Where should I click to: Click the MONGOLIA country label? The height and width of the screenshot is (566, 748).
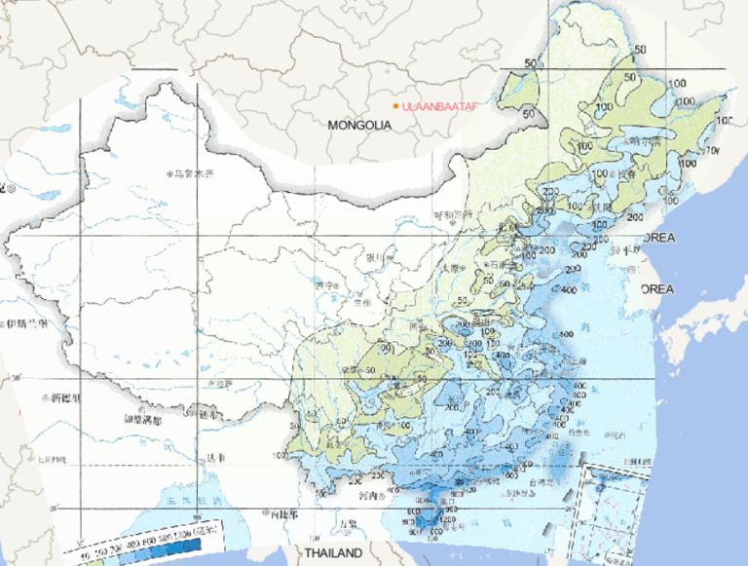pyautogui.click(x=359, y=126)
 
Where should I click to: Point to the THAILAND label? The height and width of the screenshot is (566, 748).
pyautogui.click(x=333, y=552)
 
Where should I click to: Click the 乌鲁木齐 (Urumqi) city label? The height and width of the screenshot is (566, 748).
pyautogui.click(x=192, y=174)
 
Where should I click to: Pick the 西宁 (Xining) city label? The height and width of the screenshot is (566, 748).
pyautogui.click(x=326, y=285)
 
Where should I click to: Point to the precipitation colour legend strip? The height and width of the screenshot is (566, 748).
pyautogui.click(x=136, y=547)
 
